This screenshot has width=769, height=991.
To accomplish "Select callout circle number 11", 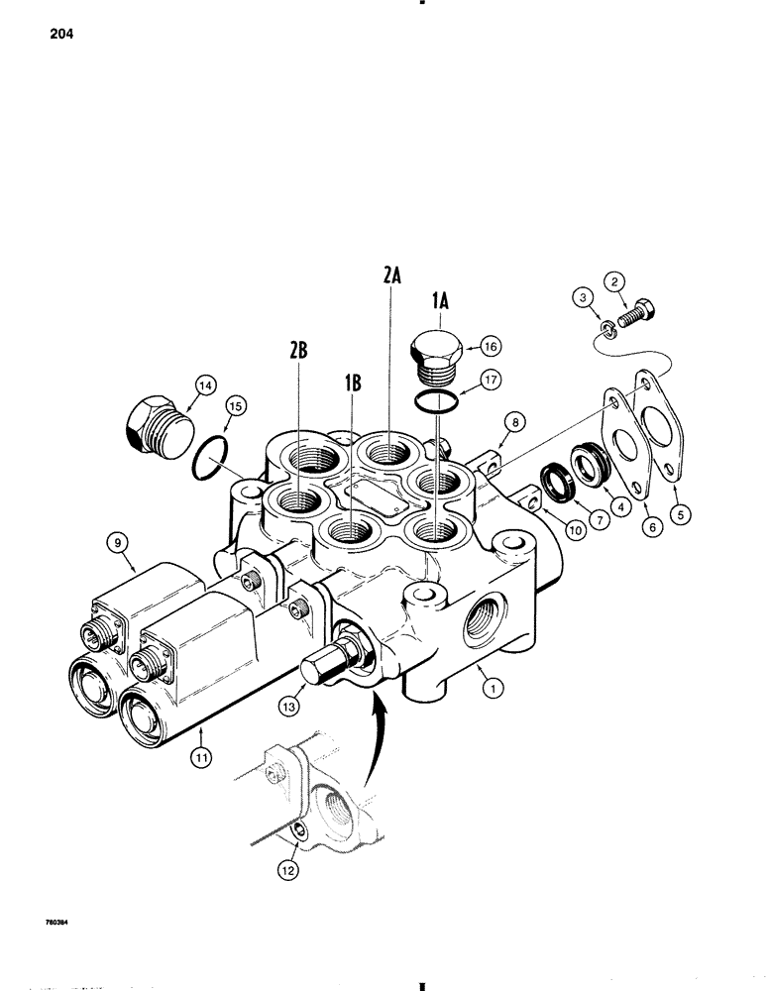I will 200,760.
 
